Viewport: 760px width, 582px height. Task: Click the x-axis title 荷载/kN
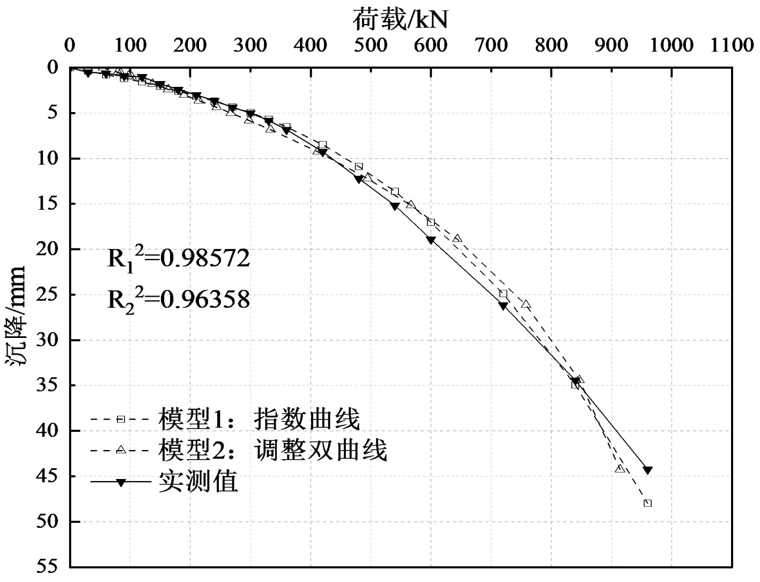click(x=400, y=20)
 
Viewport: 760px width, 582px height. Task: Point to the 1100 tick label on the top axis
click(x=732, y=46)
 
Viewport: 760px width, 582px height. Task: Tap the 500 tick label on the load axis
click(x=371, y=46)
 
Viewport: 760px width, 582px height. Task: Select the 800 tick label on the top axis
click(x=551, y=46)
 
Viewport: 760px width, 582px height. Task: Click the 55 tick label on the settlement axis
click(x=48, y=566)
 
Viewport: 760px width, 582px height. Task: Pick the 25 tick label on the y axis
click(x=48, y=294)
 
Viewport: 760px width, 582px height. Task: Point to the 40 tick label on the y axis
click(x=48, y=431)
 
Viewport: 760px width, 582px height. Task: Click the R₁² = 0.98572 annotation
click(x=179, y=259)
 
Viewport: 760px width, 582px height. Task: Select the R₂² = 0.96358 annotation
click(x=179, y=300)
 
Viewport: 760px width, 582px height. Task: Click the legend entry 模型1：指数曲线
click(x=225, y=419)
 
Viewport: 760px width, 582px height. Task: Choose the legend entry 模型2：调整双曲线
click(x=239, y=450)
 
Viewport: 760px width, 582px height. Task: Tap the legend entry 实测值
click(x=164, y=482)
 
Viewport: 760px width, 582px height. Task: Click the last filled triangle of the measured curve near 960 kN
click(x=648, y=470)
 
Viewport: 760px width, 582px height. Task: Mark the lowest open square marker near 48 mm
click(x=648, y=503)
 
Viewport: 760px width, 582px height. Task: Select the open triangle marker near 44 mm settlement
click(x=620, y=468)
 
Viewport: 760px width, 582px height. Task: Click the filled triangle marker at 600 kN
click(x=431, y=240)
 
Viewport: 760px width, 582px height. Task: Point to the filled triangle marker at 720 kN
click(x=503, y=306)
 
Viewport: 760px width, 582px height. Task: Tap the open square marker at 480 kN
click(x=359, y=166)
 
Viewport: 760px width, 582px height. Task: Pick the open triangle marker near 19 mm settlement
click(x=458, y=238)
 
